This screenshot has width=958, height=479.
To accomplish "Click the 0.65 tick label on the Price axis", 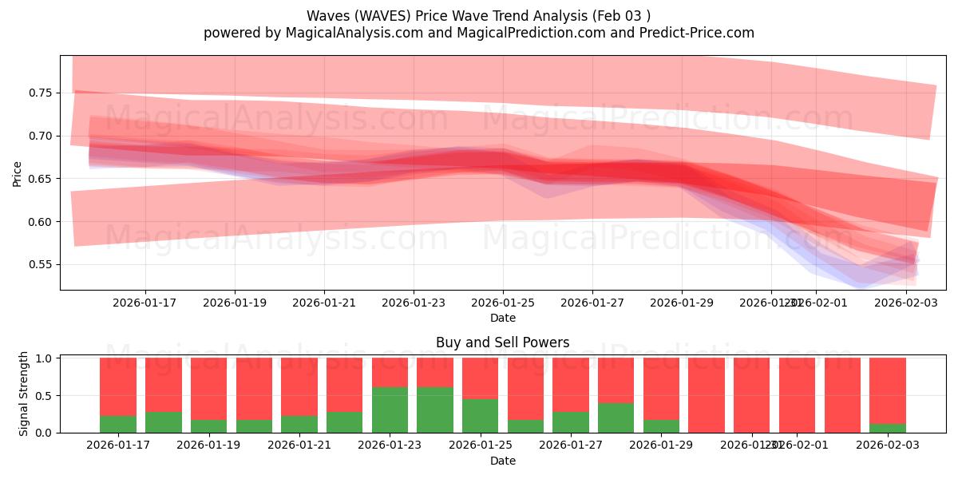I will pos(39,179).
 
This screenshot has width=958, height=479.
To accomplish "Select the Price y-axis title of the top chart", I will pos(18,173).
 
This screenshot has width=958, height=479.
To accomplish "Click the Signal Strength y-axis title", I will pos(24,394).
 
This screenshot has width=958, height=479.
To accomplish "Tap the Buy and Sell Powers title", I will pos(502,342).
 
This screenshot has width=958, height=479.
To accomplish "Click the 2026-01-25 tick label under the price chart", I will pos(502,303).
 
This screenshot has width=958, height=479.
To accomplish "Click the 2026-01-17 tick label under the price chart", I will pos(144,303).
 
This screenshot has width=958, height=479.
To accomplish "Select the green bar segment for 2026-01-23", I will pos(390,410).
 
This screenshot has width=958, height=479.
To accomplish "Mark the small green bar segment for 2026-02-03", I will pos(888,428).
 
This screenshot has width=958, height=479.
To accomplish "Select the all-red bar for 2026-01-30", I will pos(707,395).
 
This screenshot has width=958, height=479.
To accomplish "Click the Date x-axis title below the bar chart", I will pos(502,461).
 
